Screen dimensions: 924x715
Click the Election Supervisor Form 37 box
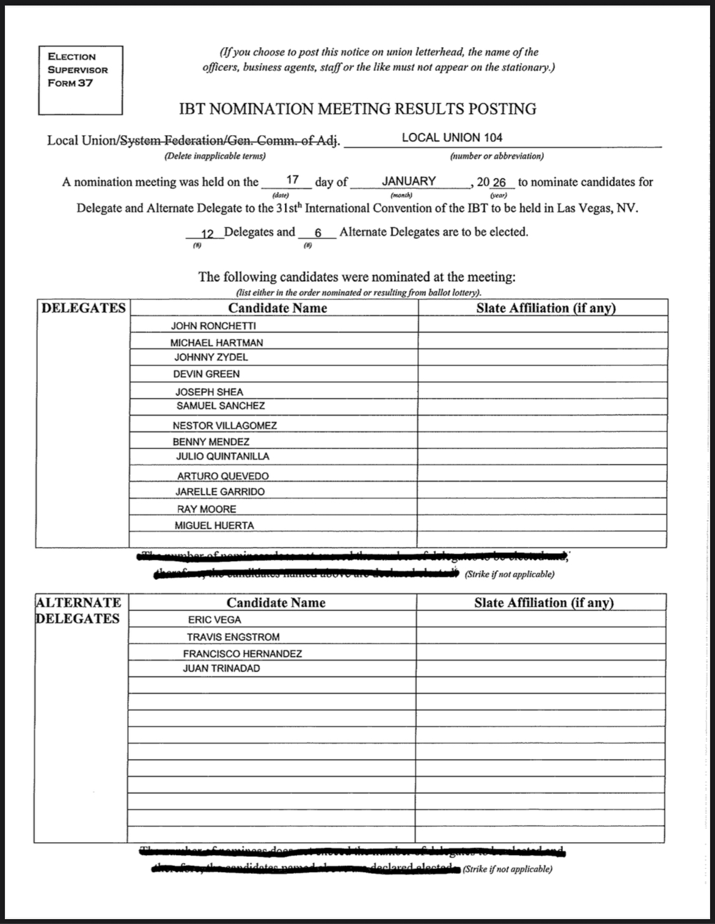click(x=80, y=80)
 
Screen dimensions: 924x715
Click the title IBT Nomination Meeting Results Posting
click(x=358, y=109)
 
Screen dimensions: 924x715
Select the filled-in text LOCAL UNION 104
click(x=452, y=138)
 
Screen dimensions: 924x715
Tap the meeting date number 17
click(x=293, y=180)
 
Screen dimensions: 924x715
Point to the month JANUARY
click(x=409, y=181)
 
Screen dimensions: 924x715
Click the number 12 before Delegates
click(x=207, y=233)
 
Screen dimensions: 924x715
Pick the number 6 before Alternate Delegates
click(x=318, y=233)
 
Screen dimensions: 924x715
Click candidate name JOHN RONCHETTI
click(x=213, y=326)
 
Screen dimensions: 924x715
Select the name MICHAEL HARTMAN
click(x=216, y=343)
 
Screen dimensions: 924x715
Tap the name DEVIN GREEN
click(x=207, y=374)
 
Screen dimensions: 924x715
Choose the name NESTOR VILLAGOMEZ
click(x=224, y=425)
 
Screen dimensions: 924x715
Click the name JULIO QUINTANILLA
click(x=222, y=457)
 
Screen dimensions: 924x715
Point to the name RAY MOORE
click(x=207, y=509)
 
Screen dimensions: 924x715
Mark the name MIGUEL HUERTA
click(x=214, y=526)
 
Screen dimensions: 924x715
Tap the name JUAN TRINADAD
click(x=221, y=669)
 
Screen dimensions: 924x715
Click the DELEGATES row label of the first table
click(x=83, y=308)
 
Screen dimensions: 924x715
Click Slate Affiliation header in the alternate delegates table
click(x=544, y=603)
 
